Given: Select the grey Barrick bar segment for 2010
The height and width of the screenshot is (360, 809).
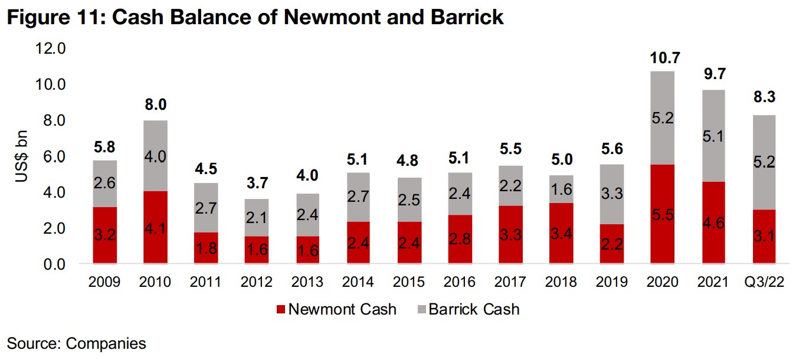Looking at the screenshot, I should click(x=156, y=156).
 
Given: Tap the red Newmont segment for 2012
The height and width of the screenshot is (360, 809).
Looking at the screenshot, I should click(x=257, y=250).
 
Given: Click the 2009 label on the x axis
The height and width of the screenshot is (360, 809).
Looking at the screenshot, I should click(x=105, y=282).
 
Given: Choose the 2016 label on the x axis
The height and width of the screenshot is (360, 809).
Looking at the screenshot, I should click(x=459, y=282).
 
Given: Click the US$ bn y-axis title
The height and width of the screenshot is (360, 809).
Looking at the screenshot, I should click(x=22, y=156).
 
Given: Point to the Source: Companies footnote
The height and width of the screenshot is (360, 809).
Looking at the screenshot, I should click(x=77, y=343).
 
